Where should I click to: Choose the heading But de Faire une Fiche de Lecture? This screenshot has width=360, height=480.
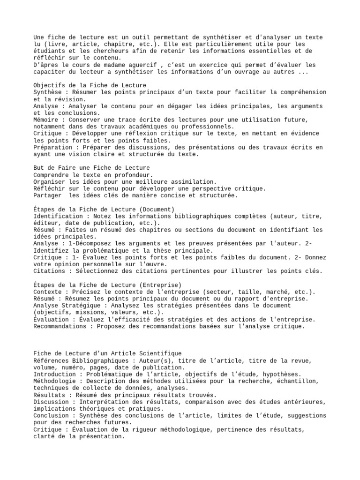point(92,168)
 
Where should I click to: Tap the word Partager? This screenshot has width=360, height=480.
point(48,195)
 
